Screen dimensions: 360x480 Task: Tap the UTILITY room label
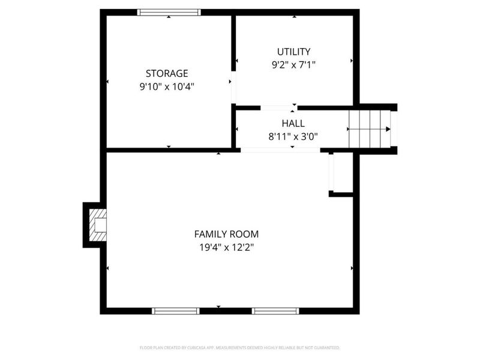click(x=293, y=52)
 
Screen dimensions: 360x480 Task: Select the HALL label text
click(x=293, y=123)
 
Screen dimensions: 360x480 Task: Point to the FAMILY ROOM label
click(x=226, y=234)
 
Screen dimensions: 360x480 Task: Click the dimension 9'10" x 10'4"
click(x=167, y=86)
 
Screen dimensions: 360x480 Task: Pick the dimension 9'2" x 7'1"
click(x=293, y=64)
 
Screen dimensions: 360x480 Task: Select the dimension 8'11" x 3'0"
click(x=293, y=136)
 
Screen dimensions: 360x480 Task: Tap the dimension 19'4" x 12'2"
click(x=226, y=247)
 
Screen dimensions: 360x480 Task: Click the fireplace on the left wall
click(x=97, y=225)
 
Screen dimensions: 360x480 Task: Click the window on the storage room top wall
click(x=169, y=12)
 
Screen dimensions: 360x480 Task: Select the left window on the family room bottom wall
click(x=175, y=311)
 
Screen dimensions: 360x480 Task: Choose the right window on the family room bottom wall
click(x=275, y=311)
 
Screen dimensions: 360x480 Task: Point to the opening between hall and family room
click(x=280, y=150)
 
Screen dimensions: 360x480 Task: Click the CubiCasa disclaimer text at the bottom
click(x=240, y=347)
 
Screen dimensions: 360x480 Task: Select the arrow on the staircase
click(x=387, y=128)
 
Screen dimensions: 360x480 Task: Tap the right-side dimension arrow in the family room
click(x=352, y=268)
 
